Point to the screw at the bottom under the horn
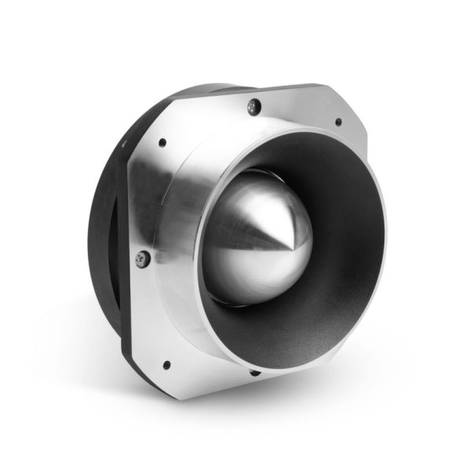253,371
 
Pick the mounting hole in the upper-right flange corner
338,122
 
